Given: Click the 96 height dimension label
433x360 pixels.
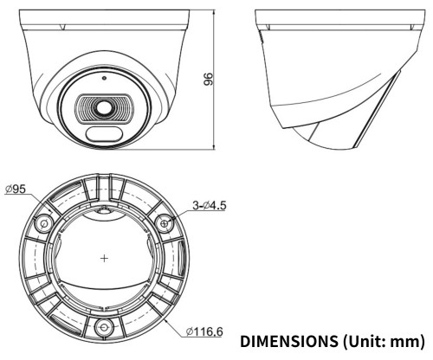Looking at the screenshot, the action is [x=208, y=79].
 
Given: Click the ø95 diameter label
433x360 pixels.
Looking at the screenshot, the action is [x=16, y=189].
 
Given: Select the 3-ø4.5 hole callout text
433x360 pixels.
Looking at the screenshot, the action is [x=210, y=205].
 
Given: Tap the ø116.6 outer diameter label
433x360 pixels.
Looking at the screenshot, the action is [x=204, y=331].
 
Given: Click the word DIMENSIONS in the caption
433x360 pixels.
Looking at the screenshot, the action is [x=289, y=341].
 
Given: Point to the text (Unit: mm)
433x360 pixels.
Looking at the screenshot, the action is [x=385, y=342].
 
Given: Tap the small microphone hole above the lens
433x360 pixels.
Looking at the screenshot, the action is [x=104, y=78].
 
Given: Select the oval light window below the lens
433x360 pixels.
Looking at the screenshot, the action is [x=104, y=134].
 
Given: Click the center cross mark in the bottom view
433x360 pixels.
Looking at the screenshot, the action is [x=104, y=258].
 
